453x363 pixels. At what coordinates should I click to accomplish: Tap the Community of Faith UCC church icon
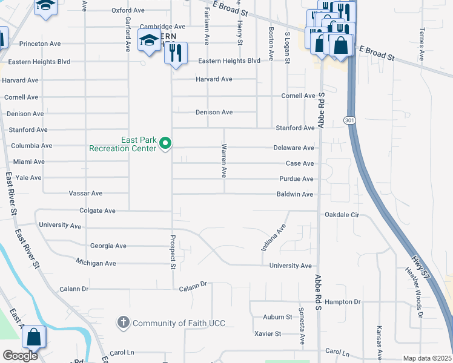point(124,323)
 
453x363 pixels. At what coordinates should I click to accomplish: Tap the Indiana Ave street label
point(273,239)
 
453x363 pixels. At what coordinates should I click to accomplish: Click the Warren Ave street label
point(223,160)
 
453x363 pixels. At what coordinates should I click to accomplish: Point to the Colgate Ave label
point(97,211)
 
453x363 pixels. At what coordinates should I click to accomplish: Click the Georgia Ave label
point(108,246)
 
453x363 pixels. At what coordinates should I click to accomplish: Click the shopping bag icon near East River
point(35,337)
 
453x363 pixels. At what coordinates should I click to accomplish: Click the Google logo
point(20,356)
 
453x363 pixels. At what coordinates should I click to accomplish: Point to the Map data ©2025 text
point(427,358)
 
